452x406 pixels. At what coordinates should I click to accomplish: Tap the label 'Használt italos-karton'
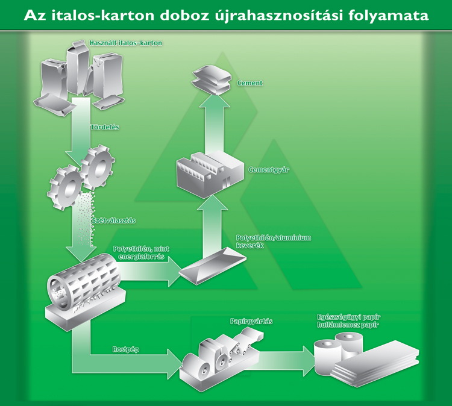(x=126, y=43)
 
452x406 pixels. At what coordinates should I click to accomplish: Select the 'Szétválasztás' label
(x=113, y=220)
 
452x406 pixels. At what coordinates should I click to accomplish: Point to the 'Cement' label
(x=250, y=83)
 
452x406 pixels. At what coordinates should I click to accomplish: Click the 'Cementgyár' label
(x=269, y=170)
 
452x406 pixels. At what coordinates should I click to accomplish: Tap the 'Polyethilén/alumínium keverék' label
(x=274, y=242)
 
